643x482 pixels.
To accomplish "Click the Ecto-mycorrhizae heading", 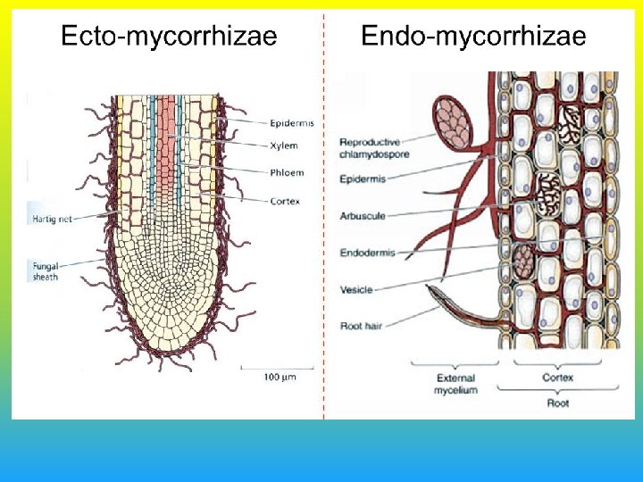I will click(168, 37).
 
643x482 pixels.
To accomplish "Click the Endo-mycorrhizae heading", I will click(473, 37).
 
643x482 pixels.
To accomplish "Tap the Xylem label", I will click(283, 145).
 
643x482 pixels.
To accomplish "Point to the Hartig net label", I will click(52, 219).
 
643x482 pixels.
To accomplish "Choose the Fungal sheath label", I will click(46, 271).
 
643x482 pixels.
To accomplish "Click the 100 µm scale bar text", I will click(279, 377).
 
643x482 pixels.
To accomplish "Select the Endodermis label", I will click(367, 253).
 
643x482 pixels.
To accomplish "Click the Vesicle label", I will click(357, 289).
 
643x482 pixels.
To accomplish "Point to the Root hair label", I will click(362, 327).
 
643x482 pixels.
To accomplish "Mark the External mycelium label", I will click(455, 384).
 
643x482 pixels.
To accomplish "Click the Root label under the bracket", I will click(558, 403).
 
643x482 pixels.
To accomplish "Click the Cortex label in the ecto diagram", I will click(284, 201).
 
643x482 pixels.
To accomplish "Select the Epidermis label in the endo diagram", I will click(363, 179).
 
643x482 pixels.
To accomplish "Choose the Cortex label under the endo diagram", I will click(558, 378).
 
